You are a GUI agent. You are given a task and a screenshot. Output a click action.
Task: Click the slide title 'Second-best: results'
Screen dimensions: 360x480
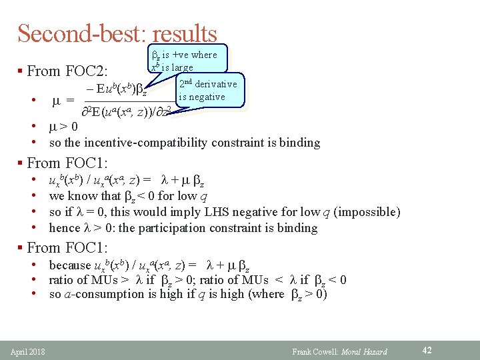coord(117,33)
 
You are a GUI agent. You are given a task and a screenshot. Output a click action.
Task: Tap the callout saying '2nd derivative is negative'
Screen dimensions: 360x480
coord(207,91)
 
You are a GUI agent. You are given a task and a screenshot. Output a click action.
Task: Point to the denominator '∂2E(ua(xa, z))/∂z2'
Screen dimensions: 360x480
coord(127,111)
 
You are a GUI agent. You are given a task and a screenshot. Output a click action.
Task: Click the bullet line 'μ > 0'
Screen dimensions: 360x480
coord(63,127)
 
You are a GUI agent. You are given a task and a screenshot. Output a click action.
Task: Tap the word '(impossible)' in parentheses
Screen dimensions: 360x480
coord(367,212)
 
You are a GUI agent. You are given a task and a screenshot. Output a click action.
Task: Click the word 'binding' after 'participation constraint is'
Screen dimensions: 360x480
coord(299,228)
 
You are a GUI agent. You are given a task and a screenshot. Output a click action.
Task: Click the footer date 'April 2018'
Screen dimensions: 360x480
coord(27,351)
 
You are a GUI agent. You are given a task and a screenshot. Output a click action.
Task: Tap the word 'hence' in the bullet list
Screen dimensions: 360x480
coord(64,228)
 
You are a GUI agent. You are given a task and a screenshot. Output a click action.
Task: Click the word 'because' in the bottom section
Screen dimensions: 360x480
coord(70,265)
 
